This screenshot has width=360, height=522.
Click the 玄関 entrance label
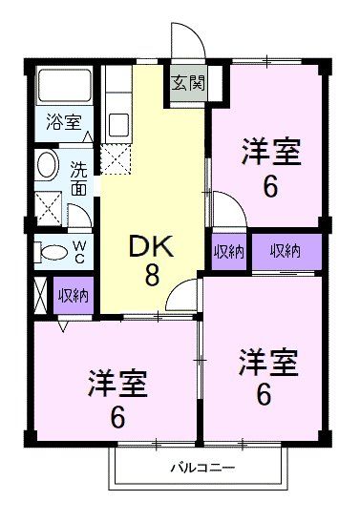click(x=188, y=83)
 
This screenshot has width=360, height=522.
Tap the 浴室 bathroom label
click(x=64, y=122)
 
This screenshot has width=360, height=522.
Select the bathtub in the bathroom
click(x=64, y=86)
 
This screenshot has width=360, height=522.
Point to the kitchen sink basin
click(x=119, y=124)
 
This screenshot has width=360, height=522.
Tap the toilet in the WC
click(x=50, y=253)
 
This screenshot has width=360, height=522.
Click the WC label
click(x=79, y=252)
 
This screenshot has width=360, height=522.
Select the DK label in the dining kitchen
click(x=152, y=246)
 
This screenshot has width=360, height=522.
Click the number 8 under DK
click(x=152, y=276)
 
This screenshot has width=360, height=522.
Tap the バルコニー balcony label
click(x=202, y=468)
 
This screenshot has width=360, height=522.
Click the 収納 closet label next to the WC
click(x=74, y=295)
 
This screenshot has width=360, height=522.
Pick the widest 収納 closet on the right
click(x=287, y=251)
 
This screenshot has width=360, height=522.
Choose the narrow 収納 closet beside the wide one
click(x=229, y=251)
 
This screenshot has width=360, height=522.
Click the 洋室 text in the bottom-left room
click(x=117, y=384)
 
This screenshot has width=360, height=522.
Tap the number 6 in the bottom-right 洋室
click(x=264, y=394)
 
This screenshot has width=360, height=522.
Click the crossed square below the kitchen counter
click(x=116, y=159)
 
